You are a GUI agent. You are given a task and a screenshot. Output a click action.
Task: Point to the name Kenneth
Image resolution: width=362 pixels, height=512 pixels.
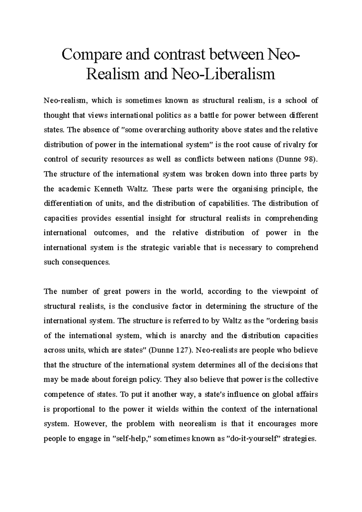point(109,189)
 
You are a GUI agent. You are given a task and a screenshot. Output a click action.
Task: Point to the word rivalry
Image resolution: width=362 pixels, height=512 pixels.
point(297,144)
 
